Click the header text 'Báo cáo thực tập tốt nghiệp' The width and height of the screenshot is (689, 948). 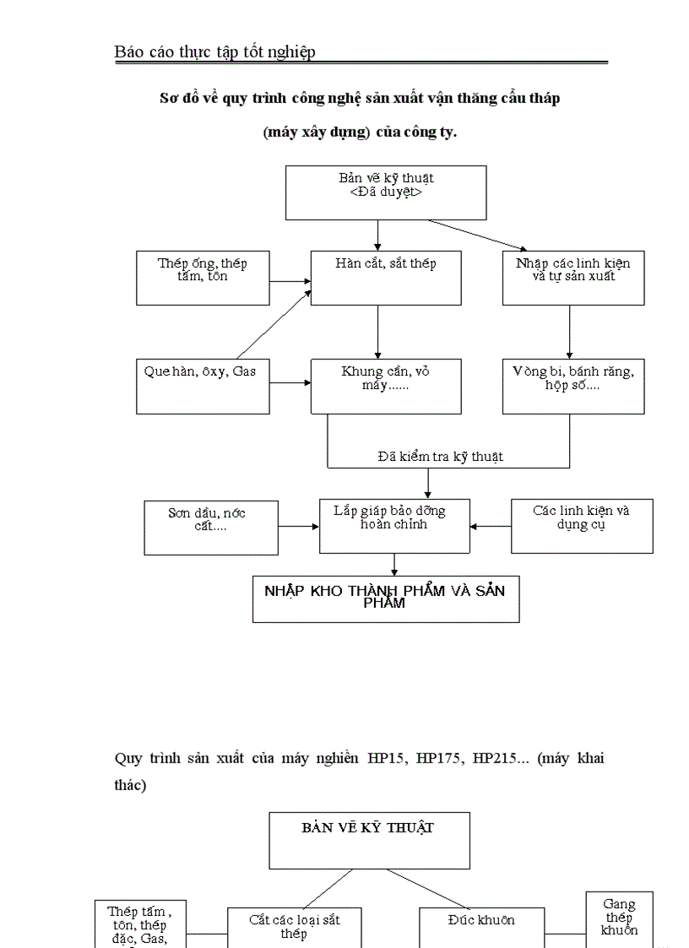[214, 52]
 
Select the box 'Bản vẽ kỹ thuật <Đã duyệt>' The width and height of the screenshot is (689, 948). [386, 192]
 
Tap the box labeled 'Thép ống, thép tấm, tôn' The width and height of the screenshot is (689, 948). [203, 278]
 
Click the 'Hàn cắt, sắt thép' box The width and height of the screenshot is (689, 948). [386, 278]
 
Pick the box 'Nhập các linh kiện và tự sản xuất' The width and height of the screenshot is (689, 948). [573, 278]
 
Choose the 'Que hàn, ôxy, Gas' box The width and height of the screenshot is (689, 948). [203, 387]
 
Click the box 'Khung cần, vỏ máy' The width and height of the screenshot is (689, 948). [386, 387]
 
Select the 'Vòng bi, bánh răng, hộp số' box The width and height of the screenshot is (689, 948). [573, 387]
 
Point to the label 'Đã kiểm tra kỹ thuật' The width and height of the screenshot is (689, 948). [440, 457]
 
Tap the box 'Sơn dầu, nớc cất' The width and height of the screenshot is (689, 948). [210, 528]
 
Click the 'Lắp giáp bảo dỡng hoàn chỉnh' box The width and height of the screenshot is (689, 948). [394, 526]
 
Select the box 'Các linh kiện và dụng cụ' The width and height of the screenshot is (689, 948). [582, 526]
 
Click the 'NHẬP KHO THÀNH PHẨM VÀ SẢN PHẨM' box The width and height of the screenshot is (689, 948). [386, 599]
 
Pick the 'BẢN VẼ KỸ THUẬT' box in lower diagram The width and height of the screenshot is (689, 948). [369, 841]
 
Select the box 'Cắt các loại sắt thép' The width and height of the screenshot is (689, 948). [295, 927]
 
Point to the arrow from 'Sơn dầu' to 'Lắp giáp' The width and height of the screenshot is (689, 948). [298, 526]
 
